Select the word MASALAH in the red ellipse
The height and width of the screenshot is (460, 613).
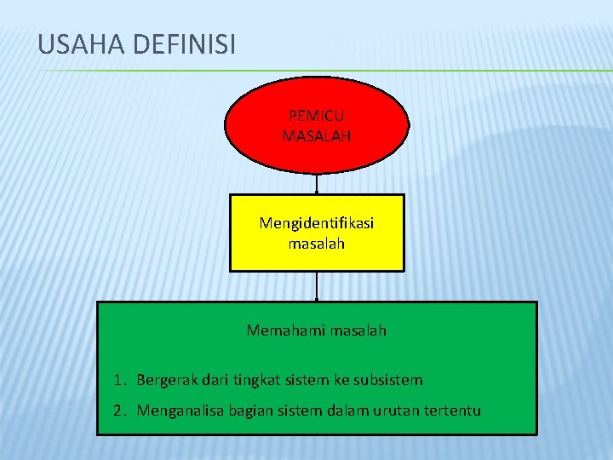[x=317, y=135]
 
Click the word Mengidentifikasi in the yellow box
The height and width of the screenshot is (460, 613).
[x=317, y=223]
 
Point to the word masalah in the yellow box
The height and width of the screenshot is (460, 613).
[x=317, y=244]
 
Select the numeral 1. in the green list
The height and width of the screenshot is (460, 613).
[x=119, y=380]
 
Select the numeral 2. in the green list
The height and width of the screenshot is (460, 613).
[x=120, y=411]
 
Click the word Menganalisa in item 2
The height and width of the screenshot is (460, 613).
[x=176, y=411]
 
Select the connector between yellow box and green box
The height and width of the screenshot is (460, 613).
[x=317, y=286]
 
